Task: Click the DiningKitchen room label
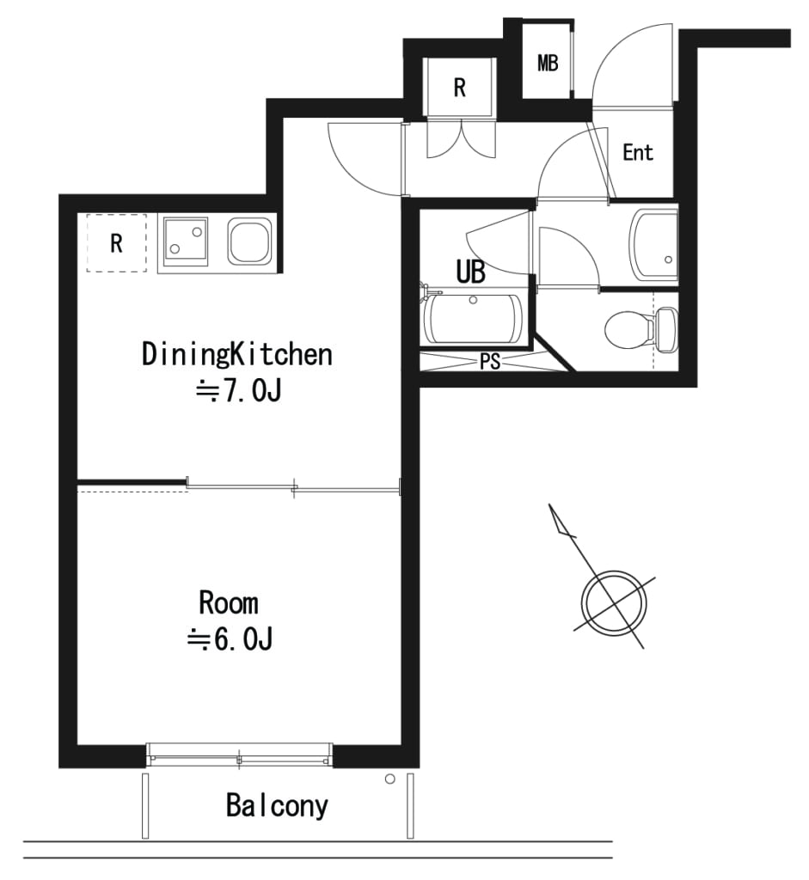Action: point(237,355)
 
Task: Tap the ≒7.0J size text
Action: point(237,391)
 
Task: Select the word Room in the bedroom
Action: point(229,603)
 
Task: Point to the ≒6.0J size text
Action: point(230,639)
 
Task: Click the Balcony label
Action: point(277,806)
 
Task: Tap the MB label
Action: point(548,64)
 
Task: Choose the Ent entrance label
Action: point(638,153)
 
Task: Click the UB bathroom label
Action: point(470,272)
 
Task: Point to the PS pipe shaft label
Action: point(490,362)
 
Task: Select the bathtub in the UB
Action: point(474,319)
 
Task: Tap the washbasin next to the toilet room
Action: point(653,245)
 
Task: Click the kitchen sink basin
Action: point(249,241)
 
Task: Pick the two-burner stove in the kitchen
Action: point(185,241)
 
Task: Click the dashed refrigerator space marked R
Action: point(116,243)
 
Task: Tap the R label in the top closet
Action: point(460,88)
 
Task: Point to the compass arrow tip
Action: point(549,504)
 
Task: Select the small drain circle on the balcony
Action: point(389,779)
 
